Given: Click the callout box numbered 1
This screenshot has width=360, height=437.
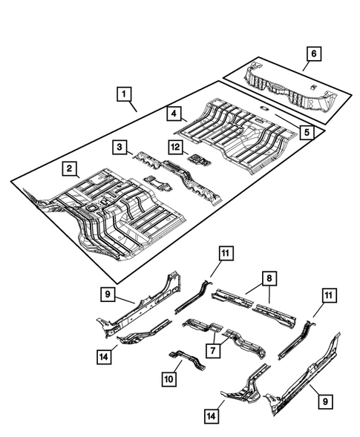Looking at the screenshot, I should click(124, 94).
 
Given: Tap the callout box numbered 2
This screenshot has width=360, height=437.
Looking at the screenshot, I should click(68, 170).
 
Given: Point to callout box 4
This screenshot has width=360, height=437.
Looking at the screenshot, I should click(173, 114).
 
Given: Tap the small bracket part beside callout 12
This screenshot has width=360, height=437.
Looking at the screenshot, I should click(197, 159).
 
